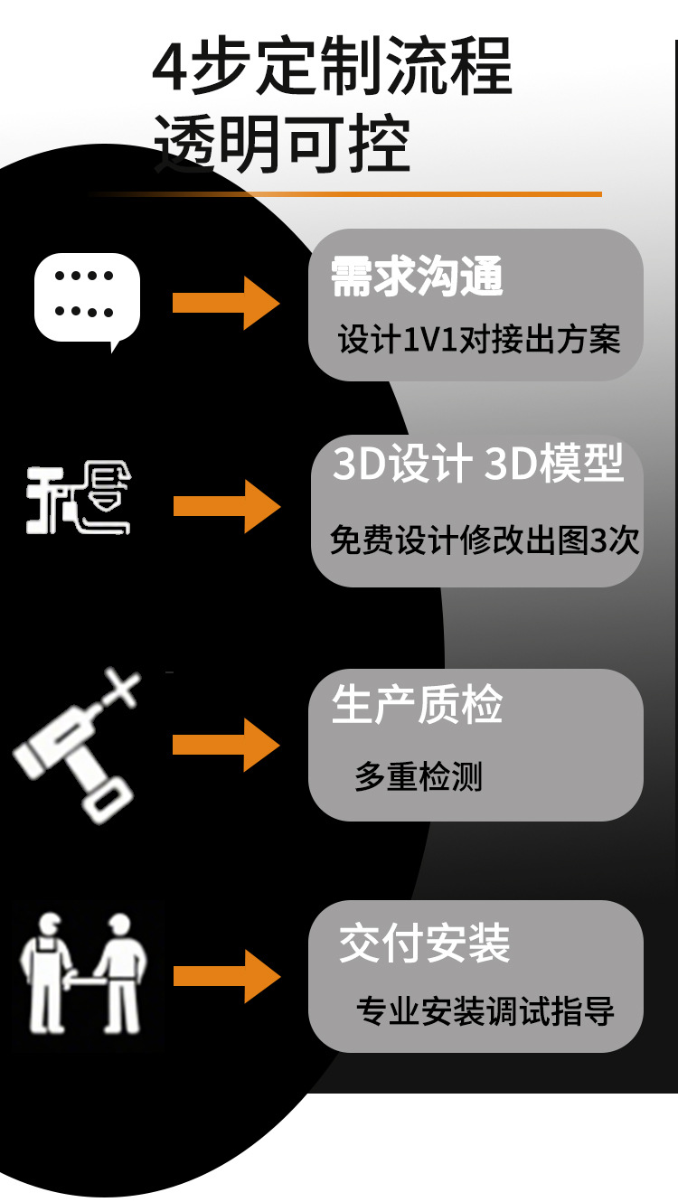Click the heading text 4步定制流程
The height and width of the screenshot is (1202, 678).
(332, 67)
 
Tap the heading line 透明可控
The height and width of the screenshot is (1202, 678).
(282, 144)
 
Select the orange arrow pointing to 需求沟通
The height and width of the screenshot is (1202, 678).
(226, 303)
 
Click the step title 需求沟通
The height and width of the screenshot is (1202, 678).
(417, 277)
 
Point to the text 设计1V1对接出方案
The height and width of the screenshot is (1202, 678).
(479, 340)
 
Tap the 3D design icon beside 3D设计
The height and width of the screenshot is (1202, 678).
(79, 499)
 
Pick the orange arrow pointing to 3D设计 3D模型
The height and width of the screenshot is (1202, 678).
(226, 506)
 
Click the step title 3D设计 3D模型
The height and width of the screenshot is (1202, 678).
(478, 464)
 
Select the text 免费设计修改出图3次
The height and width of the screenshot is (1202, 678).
(485, 540)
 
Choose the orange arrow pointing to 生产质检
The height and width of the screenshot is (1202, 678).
(226, 745)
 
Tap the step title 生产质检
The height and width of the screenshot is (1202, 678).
(417, 705)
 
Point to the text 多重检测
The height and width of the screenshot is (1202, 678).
(419, 776)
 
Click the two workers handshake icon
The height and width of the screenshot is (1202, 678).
(83, 973)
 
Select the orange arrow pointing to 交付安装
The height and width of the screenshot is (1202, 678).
(226, 976)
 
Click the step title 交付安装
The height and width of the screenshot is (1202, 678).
(424, 944)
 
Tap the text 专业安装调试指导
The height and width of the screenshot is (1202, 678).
(485, 1009)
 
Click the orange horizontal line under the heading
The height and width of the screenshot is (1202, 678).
(362, 193)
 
